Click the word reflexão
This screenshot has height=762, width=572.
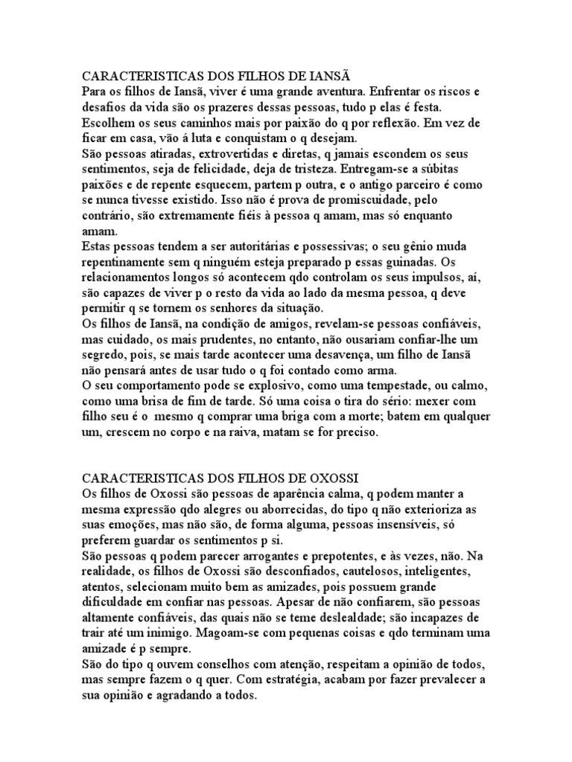tap(390, 123)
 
